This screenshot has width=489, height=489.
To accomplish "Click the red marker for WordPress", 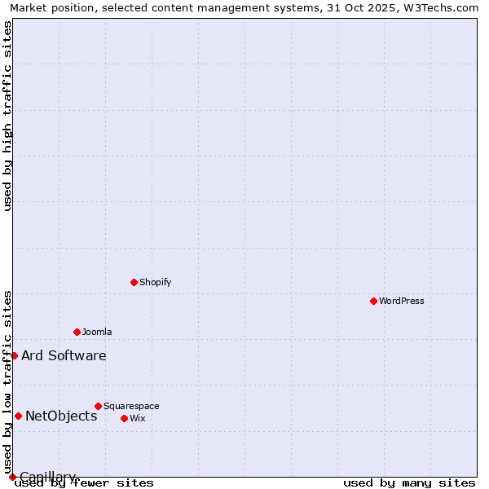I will [373, 301].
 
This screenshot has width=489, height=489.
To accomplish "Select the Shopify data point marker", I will [134, 282].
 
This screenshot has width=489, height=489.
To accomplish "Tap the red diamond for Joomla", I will [77, 332].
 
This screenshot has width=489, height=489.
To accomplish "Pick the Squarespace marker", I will [98, 406].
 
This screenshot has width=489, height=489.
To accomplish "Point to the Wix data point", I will [124, 418].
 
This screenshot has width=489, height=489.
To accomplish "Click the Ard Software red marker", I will [14, 355].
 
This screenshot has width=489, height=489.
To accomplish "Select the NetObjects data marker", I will [18, 416].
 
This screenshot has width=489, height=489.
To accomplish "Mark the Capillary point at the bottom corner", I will [12, 477].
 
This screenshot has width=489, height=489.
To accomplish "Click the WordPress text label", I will [402, 301].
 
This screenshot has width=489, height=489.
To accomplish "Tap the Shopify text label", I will [155, 282].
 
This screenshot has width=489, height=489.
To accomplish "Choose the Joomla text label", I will [97, 332].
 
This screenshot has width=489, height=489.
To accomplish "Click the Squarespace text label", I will [131, 406].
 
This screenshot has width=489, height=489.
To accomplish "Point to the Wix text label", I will [137, 418].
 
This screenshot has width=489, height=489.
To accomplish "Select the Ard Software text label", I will [64, 355].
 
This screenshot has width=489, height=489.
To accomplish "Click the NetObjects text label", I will [61, 416].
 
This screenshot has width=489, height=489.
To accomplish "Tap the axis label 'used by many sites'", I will [409, 482].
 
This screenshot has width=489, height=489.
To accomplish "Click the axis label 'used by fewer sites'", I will [85, 482].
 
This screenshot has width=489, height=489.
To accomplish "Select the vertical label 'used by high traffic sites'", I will [7, 116].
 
